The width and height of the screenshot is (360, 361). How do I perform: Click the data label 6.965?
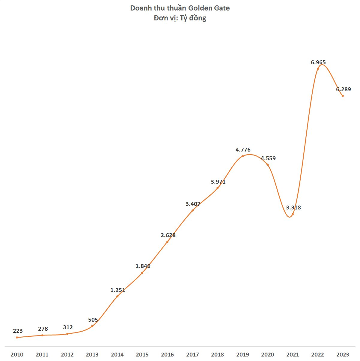[318, 62]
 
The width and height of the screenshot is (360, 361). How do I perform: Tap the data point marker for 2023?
[343, 96]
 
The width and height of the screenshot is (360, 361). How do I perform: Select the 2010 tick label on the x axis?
[17, 354]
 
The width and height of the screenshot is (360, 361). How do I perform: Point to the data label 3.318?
[293, 207]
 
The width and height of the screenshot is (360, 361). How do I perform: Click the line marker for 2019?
[242, 156]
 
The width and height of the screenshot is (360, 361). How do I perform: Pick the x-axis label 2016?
[167, 354]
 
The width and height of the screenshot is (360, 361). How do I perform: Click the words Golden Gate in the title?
[209, 8]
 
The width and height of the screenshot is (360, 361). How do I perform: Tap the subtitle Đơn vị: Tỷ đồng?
[180, 18]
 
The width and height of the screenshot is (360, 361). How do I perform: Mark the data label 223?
[18, 331]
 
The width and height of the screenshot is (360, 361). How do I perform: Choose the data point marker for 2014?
[117, 296]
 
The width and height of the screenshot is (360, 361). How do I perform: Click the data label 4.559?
[268, 158]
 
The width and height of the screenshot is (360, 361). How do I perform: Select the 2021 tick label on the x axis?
[293, 354]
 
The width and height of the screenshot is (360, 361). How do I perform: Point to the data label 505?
[93, 320]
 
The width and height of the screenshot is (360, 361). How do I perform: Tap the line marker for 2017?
[192, 210]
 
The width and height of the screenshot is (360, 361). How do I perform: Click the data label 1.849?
[143, 266]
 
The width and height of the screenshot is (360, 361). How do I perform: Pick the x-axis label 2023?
[343, 354]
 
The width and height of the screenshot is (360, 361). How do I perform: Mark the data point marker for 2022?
[318, 69]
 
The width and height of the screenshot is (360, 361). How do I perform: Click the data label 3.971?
[218, 182]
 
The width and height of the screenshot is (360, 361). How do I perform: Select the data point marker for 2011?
[42, 335]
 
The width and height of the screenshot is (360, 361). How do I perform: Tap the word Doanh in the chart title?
[140, 8]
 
